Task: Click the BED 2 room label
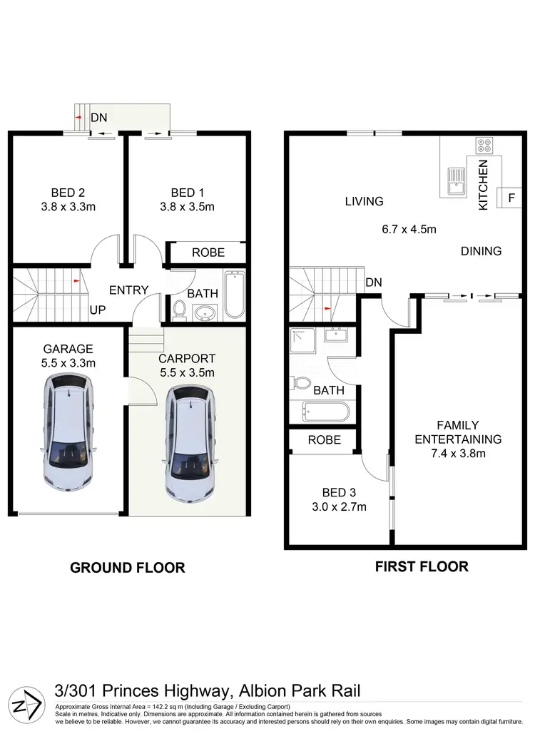point(68,193)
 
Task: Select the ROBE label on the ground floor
point(208,253)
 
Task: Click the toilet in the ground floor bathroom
point(180,310)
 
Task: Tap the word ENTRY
point(128,290)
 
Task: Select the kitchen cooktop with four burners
point(484,146)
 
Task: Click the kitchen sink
point(455,181)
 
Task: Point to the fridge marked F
point(511,198)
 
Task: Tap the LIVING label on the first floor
point(364,202)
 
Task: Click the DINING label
point(481,251)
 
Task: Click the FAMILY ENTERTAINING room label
point(458,432)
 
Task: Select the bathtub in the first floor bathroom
point(325,412)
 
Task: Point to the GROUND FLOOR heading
point(127,568)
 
